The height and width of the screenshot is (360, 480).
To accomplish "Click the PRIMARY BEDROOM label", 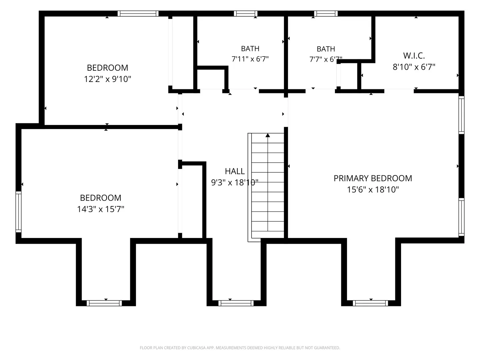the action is point(373,178).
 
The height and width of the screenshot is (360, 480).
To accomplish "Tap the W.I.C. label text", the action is point(414,56).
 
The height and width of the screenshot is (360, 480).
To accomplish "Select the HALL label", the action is point(235,171).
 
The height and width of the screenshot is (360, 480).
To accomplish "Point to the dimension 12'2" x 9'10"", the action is point(108,79).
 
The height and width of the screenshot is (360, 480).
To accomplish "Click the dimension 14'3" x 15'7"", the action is point(101,209).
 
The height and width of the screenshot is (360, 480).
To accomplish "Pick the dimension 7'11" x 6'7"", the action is point(250,59).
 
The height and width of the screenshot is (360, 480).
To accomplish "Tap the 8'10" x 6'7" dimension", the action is point(414,67).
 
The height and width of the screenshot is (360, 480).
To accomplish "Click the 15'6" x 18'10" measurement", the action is point(373,190).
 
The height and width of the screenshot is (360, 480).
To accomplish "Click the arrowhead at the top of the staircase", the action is point(268,135).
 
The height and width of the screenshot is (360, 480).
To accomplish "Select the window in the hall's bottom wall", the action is point(236,303).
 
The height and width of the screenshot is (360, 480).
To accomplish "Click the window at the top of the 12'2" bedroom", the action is point(138,14).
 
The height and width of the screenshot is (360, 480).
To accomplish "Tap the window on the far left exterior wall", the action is point(19,212).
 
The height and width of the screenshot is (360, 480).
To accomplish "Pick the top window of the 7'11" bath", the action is point(246,14).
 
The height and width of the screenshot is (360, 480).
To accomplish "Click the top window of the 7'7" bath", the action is point(326,14).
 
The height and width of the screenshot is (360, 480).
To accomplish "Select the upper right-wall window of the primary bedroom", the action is point(461,115).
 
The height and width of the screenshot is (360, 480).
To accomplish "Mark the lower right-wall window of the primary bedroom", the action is point(461,217).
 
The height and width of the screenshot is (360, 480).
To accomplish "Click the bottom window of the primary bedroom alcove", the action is point(370,303).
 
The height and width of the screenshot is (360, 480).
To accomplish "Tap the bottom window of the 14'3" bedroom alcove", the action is point(104,303).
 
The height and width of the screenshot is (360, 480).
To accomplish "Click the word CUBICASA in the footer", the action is point(196,348).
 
